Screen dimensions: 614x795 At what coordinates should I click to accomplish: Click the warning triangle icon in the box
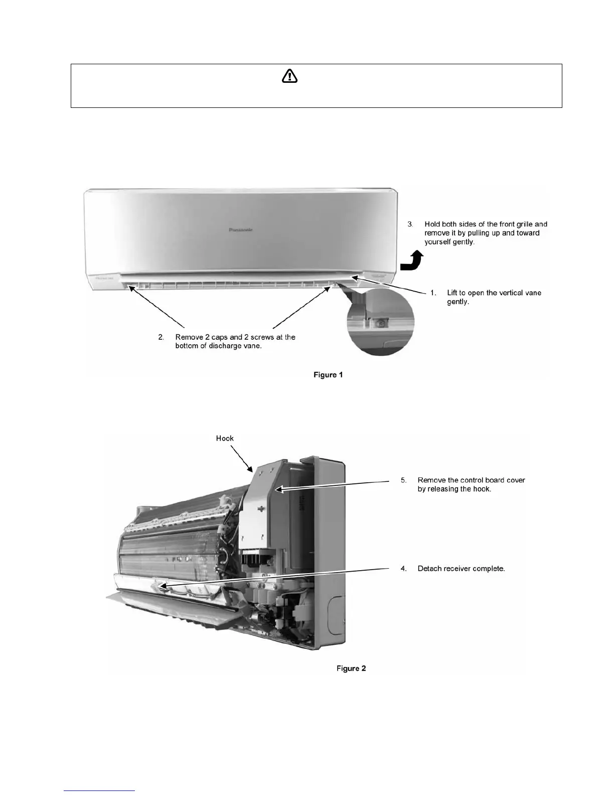coord(289,76)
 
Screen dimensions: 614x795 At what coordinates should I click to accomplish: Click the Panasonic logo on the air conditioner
coord(240,230)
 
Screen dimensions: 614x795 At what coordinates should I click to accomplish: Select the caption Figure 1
coord(328,375)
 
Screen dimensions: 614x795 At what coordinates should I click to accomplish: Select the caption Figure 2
coord(351,668)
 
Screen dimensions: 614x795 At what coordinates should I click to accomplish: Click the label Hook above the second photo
coord(225,438)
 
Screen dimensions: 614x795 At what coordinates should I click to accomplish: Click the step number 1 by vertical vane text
coord(433,293)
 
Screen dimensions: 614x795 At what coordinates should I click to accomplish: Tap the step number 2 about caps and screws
coord(161,337)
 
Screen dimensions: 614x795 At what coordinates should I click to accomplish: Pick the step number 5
coord(403,480)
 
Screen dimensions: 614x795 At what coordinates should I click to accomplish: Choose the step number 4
coord(403,569)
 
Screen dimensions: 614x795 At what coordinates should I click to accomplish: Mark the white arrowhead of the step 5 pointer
coord(278,488)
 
